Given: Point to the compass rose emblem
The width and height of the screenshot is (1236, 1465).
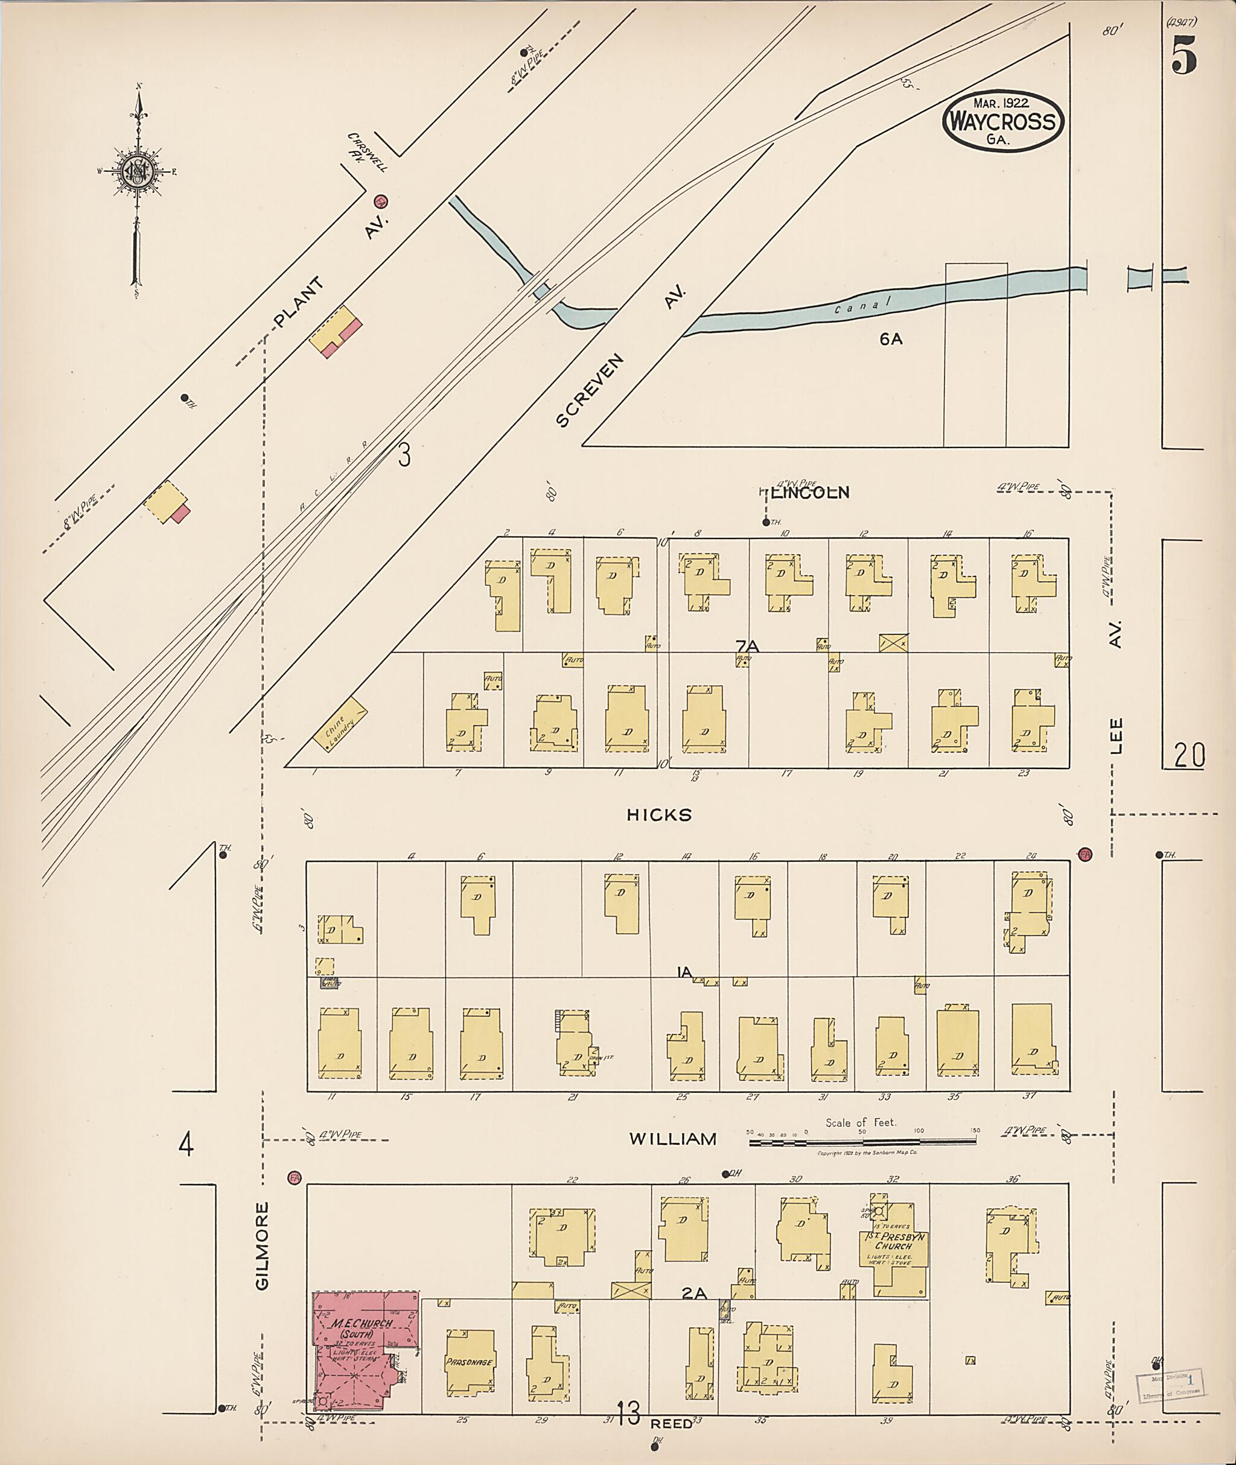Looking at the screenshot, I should (138, 170).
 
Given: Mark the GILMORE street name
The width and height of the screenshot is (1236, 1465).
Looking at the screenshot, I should (263, 1246).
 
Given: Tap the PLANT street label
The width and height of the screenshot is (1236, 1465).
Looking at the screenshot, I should (299, 303).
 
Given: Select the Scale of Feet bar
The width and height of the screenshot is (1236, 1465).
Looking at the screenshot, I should (862, 1142).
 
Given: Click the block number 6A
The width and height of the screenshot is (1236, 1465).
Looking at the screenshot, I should (891, 340).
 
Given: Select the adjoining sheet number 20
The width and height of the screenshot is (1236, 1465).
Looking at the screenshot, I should (1189, 755).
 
